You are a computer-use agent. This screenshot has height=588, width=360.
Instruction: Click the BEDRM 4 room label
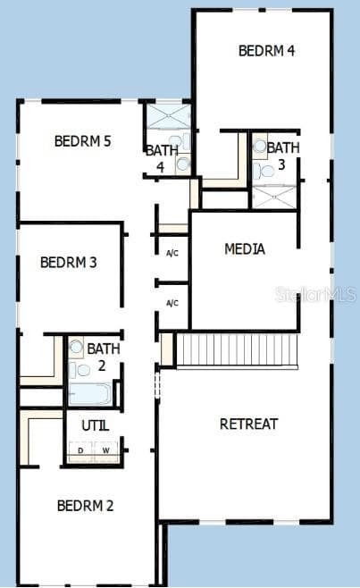point(266,51)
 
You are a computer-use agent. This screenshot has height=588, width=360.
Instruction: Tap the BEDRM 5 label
point(82,141)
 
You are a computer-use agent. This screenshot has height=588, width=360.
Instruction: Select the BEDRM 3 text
point(69,262)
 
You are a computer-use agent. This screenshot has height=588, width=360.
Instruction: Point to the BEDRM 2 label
point(85,506)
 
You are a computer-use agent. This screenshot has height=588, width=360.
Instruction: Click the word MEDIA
point(245,249)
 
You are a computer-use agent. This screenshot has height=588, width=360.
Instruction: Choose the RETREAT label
point(248,424)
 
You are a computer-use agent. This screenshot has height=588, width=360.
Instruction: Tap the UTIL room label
point(96,425)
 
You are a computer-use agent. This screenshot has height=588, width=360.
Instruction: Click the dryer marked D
point(80,451)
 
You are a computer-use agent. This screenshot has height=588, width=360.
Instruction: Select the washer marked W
point(106,451)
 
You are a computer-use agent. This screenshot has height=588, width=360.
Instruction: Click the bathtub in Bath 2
point(90,394)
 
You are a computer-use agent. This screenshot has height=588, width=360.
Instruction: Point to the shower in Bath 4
point(169,117)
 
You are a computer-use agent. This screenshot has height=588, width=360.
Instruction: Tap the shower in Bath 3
point(274,197)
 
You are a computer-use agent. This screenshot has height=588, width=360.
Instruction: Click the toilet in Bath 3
point(264,172)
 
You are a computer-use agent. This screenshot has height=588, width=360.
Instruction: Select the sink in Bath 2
point(77,347)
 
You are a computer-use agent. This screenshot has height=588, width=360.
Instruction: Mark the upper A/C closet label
point(172,253)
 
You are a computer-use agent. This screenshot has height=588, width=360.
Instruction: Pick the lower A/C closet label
point(172,303)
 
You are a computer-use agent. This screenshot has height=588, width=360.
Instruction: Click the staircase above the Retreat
point(237,349)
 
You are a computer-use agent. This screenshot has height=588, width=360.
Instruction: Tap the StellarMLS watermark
point(315,294)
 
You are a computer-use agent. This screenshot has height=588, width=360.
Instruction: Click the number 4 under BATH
point(161,167)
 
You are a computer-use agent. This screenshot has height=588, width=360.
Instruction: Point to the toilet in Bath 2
point(80,371)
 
